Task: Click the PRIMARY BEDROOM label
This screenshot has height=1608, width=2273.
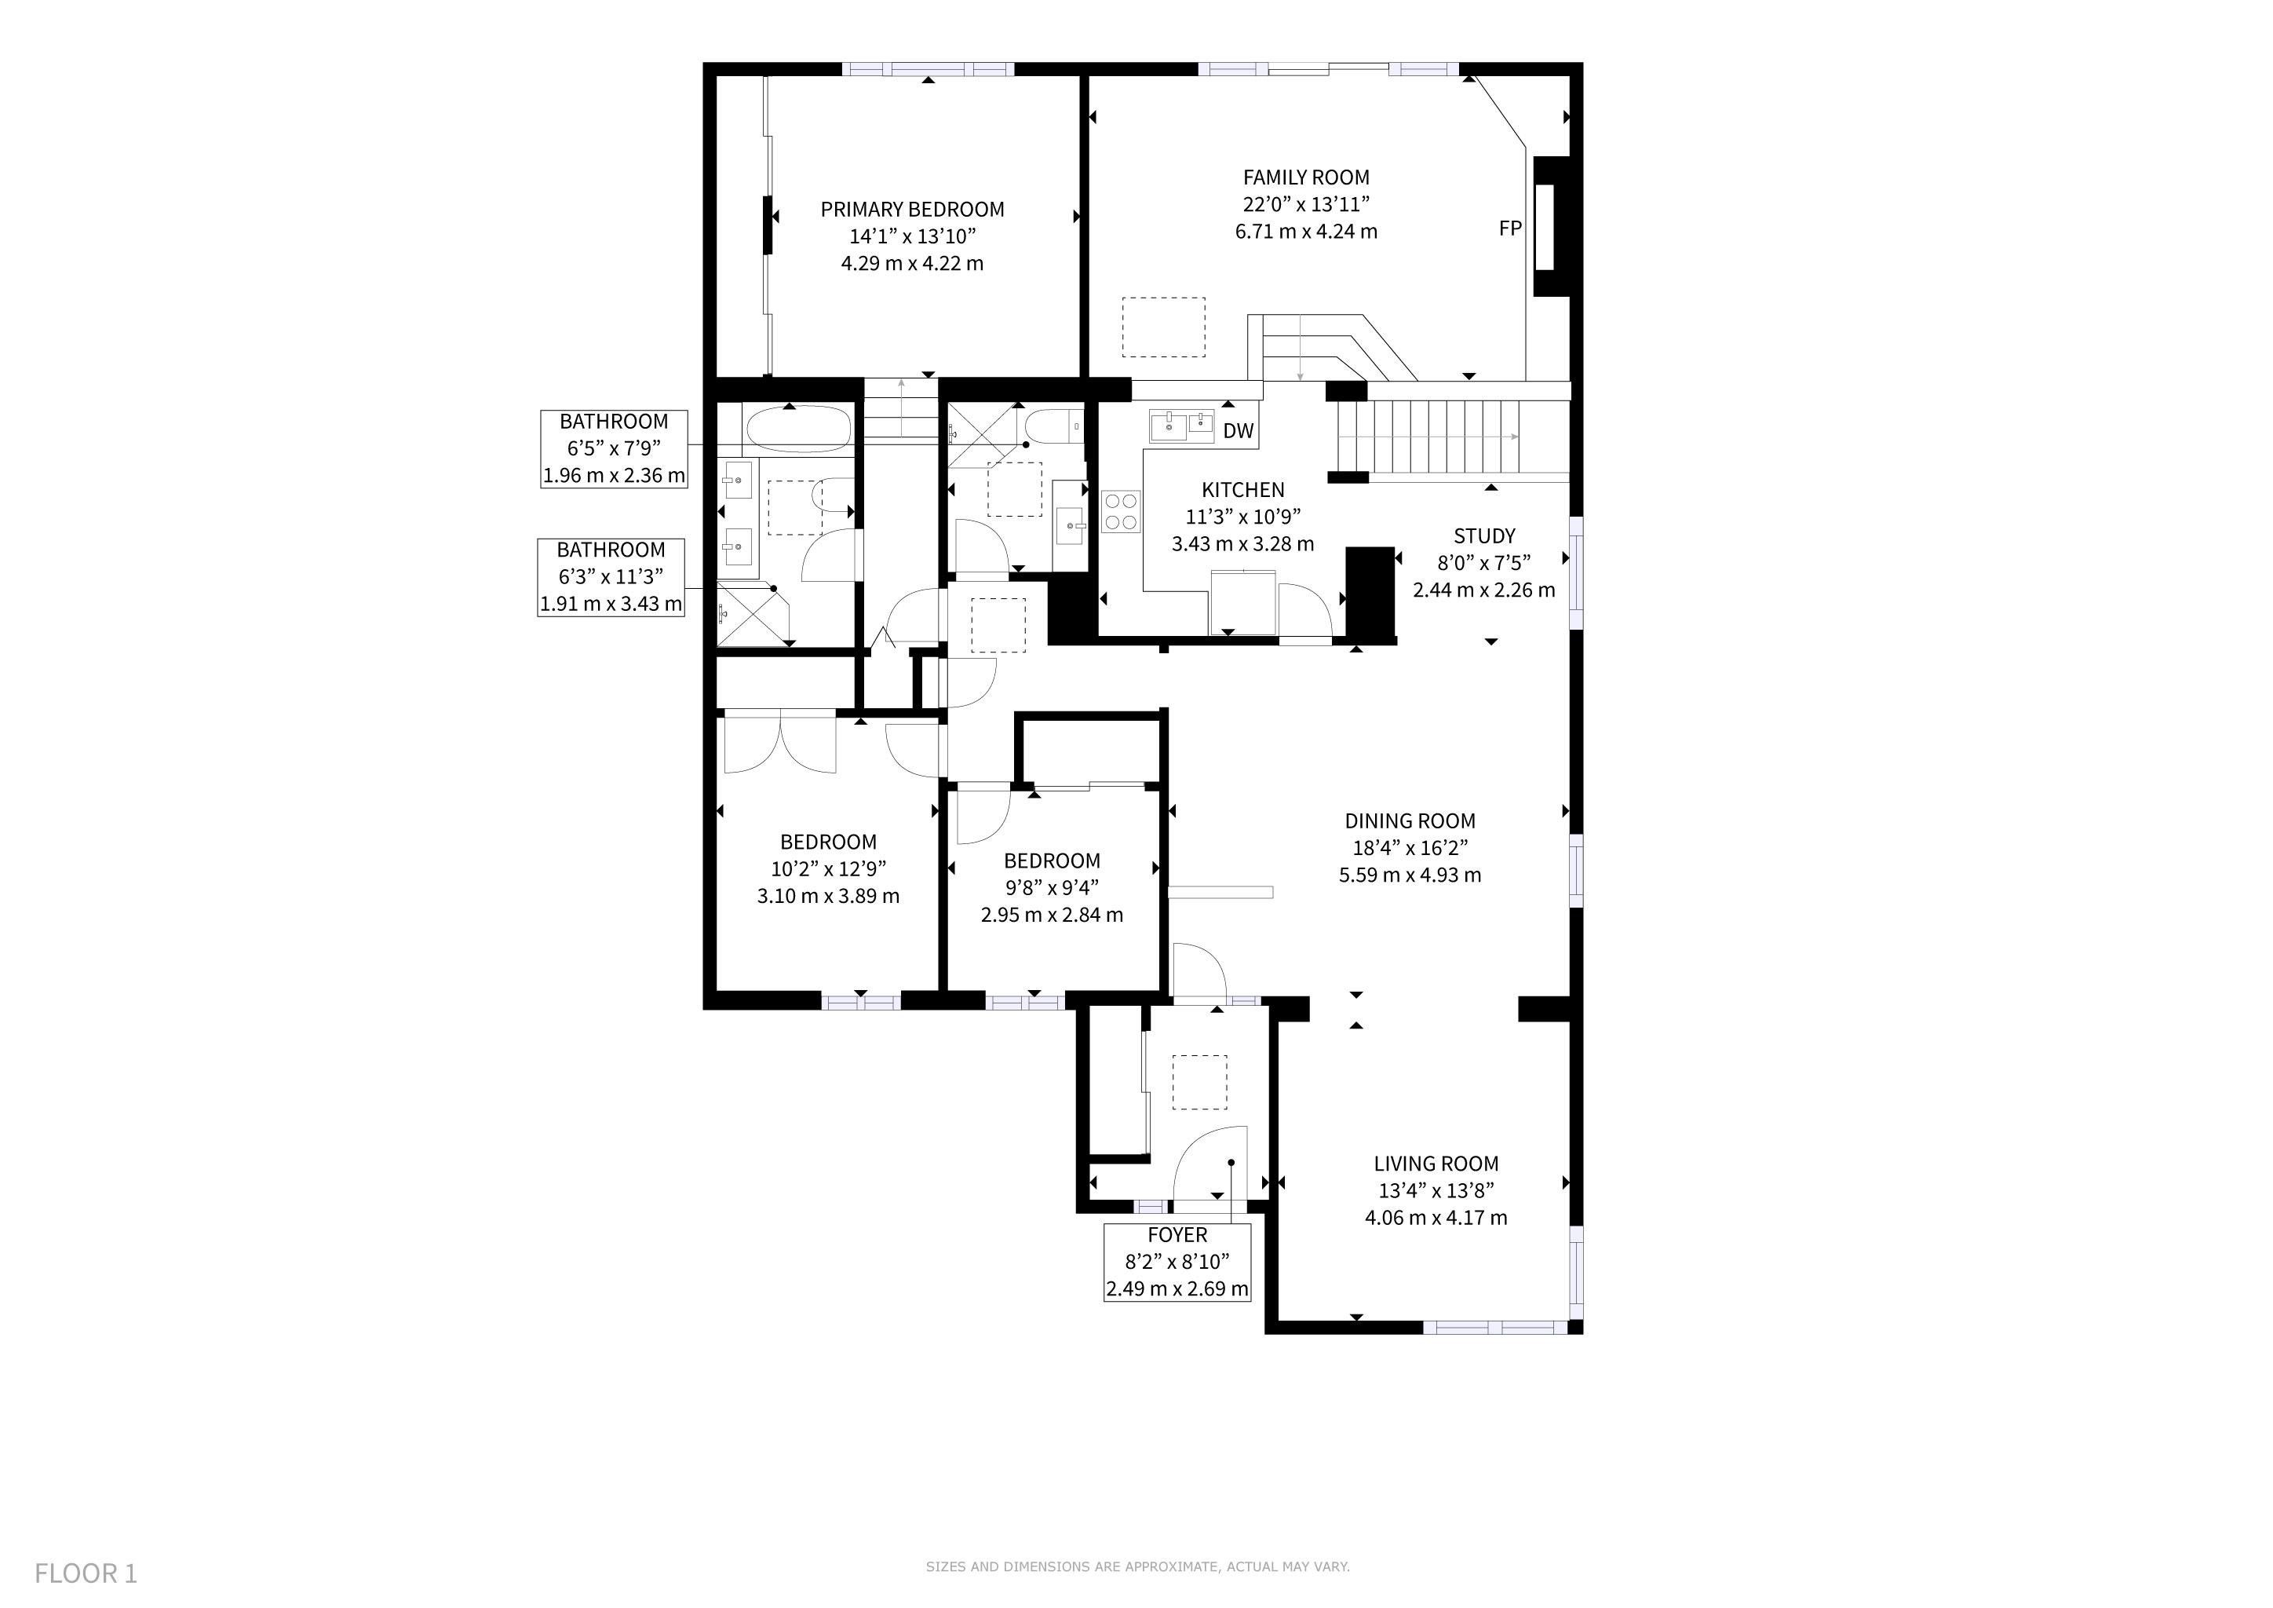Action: (x=912, y=209)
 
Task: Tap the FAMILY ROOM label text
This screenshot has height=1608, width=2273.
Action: (x=1306, y=177)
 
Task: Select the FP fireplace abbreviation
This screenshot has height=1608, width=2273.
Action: (x=1510, y=228)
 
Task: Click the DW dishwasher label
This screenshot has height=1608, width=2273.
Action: (x=1238, y=431)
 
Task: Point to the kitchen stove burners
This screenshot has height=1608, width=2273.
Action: (x=1121, y=512)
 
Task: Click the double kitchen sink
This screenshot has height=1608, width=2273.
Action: (x=1181, y=425)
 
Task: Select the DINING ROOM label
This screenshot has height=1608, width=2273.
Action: (x=1410, y=820)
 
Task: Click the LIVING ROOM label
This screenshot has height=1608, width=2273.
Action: (x=1436, y=1164)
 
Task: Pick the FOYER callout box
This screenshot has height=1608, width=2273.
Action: (x=1177, y=1262)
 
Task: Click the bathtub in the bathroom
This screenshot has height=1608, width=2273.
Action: (x=797, y=429)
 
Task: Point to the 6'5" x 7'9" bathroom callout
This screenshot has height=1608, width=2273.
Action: (x=614, y=448)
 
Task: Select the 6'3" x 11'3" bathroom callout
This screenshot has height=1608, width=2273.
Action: (x=611, y=576)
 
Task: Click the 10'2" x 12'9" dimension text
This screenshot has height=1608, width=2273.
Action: (x=829, y=868)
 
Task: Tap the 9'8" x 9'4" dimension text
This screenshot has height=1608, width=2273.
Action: (x=1053, y=887)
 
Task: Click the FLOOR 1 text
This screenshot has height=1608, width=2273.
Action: (x=86, y=1573)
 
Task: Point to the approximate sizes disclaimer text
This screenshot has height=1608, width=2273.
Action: (x=1137, y=1566)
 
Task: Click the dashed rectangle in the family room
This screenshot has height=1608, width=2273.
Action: (x=1163, y=327)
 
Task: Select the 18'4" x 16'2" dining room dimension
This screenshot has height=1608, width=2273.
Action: (x=1410, y=847)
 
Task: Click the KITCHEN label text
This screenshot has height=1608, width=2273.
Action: (x=1242, y=489)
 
